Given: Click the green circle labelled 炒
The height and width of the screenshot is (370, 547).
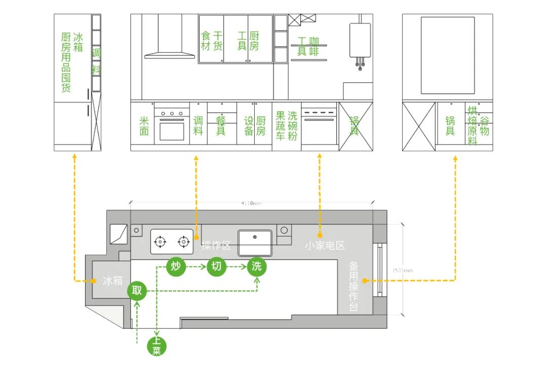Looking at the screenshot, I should (176, 266).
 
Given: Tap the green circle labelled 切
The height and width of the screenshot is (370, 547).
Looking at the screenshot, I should (216, 266).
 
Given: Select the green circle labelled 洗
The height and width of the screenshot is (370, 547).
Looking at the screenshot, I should (257, 266).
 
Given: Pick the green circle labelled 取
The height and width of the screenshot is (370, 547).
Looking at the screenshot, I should (137, 291).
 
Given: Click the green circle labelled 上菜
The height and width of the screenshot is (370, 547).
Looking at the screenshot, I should (157, 347).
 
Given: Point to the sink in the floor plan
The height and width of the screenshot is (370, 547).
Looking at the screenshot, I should (255, 243).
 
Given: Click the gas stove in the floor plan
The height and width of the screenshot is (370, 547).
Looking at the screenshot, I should (172, 241).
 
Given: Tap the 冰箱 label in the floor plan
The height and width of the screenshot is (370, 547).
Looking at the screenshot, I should (112, 281).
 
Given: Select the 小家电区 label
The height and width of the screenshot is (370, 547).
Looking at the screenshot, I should (325, 246).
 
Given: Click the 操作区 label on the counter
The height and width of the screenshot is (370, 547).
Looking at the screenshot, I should (216, 246).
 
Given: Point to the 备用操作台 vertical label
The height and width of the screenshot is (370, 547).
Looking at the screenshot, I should (354, 287).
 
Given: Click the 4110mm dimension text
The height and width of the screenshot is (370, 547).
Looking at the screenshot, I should (251, 204).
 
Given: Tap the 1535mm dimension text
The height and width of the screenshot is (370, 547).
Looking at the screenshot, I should (403, 271).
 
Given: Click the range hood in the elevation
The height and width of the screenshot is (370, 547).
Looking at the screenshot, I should (170, 38).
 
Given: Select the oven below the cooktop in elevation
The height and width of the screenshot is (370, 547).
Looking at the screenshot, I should (172, 130).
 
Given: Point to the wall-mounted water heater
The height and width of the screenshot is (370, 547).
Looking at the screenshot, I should (360, 41).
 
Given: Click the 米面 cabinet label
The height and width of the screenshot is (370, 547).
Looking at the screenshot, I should (144, 126).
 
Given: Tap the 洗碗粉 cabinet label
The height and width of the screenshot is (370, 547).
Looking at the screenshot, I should (293, 125).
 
